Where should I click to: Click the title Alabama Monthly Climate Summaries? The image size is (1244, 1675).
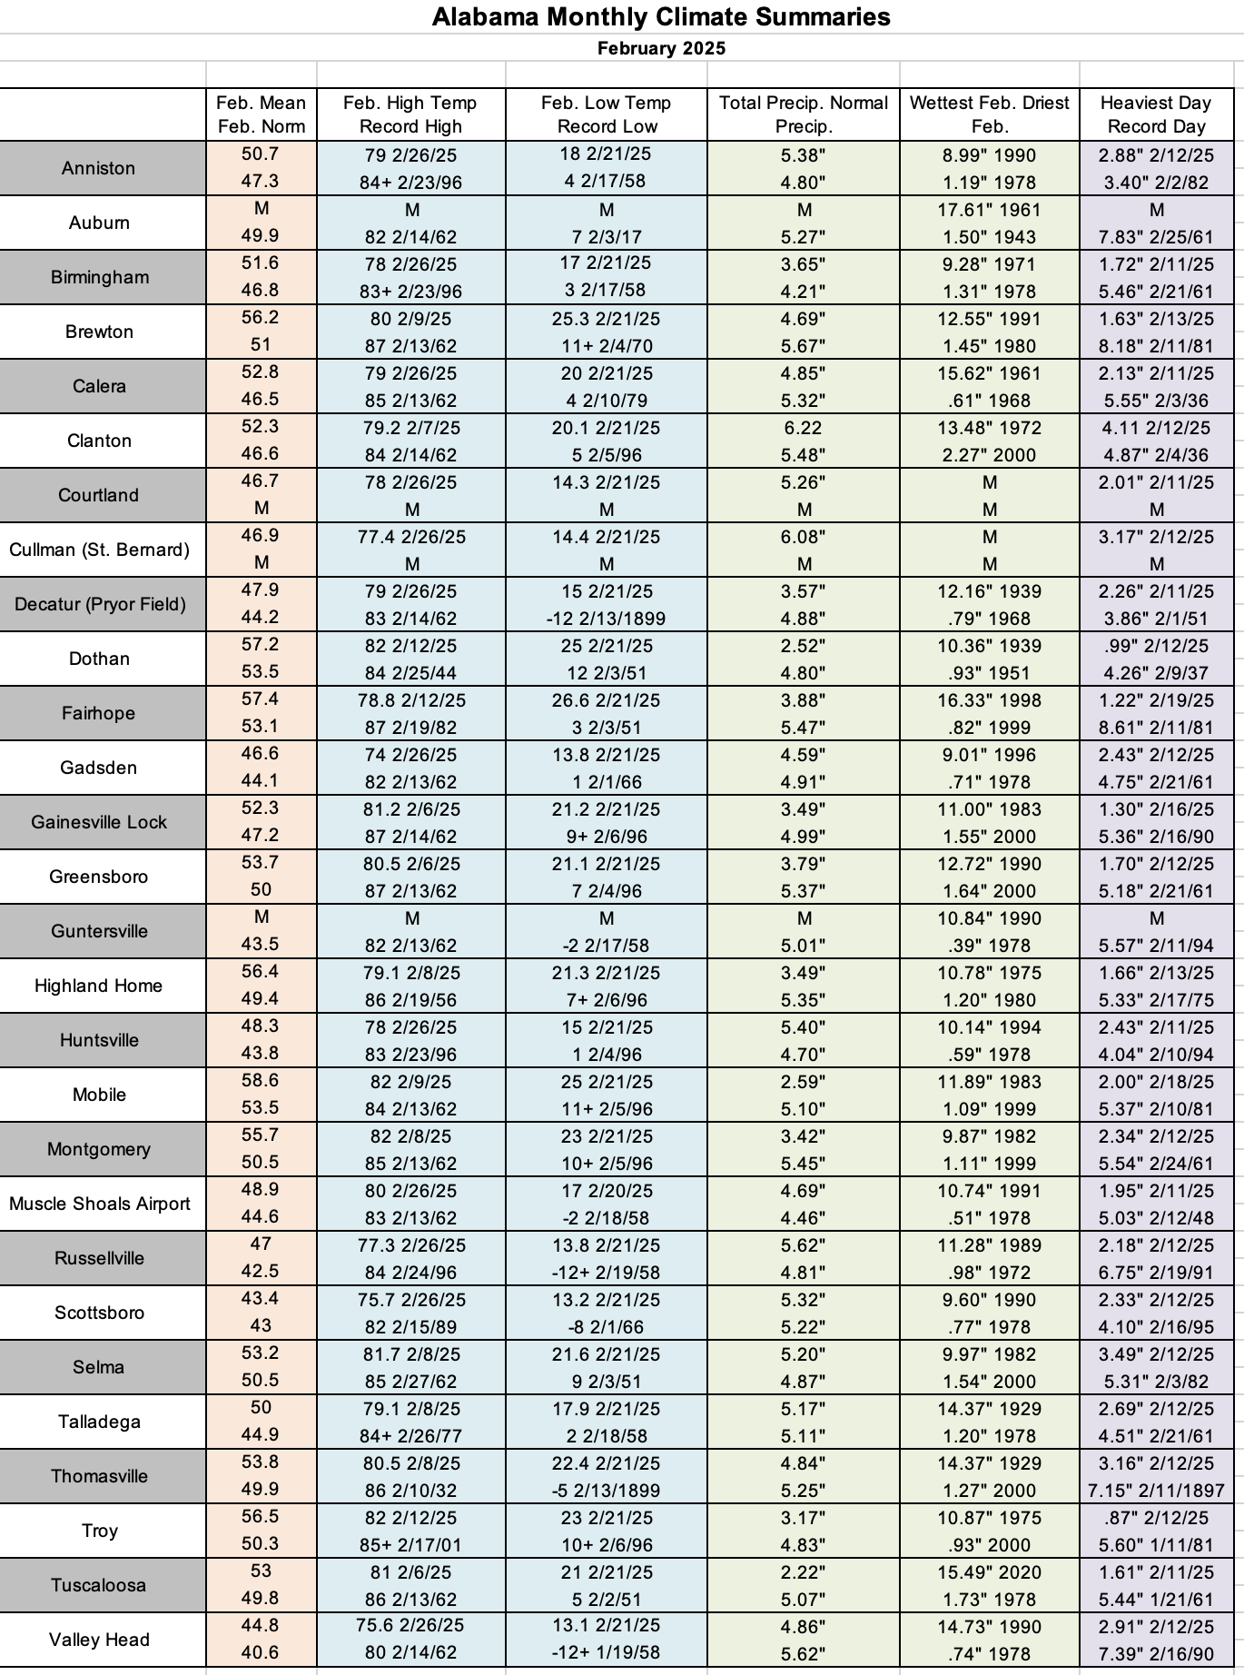(661, 16)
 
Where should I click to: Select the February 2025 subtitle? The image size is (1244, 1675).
(661, 48)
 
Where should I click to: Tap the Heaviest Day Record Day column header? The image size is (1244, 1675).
(1156, 114)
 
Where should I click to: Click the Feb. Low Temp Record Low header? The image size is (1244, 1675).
(606, 114)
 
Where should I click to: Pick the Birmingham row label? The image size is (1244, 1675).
(99, 277)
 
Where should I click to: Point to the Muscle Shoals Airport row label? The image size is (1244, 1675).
(99, 1204)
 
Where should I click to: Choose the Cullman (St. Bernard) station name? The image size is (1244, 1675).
(99, 550)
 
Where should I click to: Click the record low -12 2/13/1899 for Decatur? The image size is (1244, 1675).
(606, 619)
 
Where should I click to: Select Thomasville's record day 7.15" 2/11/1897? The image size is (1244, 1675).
(1156, 1491)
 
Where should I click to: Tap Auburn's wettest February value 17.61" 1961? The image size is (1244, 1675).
(989, 210)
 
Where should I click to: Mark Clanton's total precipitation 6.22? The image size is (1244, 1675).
(803, 428)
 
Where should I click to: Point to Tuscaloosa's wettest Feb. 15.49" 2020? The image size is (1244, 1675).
(989, 1572)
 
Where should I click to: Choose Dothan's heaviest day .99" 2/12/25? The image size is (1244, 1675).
(1156, 646)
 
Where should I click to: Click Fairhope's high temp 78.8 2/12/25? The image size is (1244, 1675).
(411, 700)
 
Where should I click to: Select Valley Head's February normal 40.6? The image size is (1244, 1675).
(260, 1652)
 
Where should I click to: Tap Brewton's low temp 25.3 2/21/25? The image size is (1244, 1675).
(606, 319)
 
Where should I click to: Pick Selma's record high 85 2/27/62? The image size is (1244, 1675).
(411, 1382)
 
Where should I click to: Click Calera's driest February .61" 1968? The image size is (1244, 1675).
(989, 401)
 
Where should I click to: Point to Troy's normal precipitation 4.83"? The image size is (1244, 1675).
(803, 1545)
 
